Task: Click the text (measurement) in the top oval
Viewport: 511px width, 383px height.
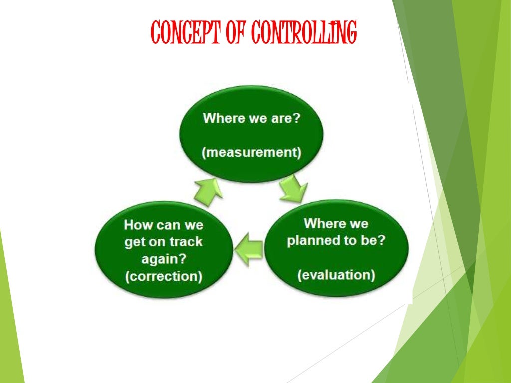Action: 252,153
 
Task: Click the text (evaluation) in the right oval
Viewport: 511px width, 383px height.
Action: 336,275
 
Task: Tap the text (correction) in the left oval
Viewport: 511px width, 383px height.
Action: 164,276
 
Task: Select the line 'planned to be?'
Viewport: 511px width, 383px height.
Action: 336,240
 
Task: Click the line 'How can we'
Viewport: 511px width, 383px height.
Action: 164,224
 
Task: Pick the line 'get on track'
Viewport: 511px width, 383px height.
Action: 164,242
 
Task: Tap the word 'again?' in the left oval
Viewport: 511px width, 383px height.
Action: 164,259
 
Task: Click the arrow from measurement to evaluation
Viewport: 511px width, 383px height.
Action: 293,191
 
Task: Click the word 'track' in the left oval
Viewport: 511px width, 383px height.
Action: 185,242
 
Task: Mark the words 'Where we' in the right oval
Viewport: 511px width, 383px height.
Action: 336,223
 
